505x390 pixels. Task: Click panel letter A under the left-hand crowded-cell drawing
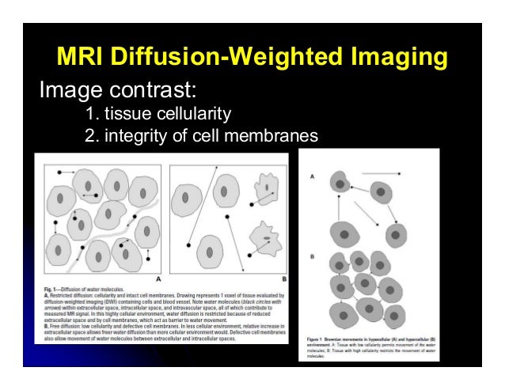tap(158, 278)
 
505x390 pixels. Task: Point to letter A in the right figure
tap(312, 176)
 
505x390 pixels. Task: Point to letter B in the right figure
tap(312, 256)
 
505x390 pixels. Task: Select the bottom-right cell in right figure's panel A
tap(396, 235)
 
